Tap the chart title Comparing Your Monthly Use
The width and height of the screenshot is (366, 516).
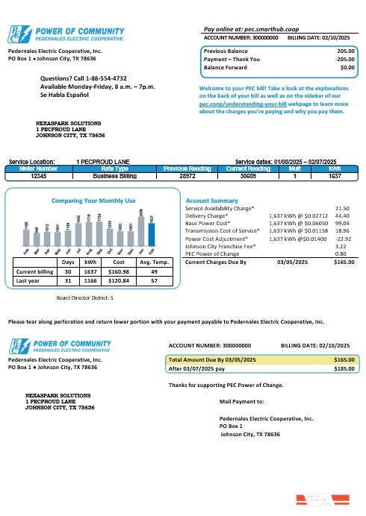(93, 201)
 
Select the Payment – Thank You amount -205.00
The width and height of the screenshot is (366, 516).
(344, 59)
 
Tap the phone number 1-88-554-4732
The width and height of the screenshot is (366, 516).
(105, 78)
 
